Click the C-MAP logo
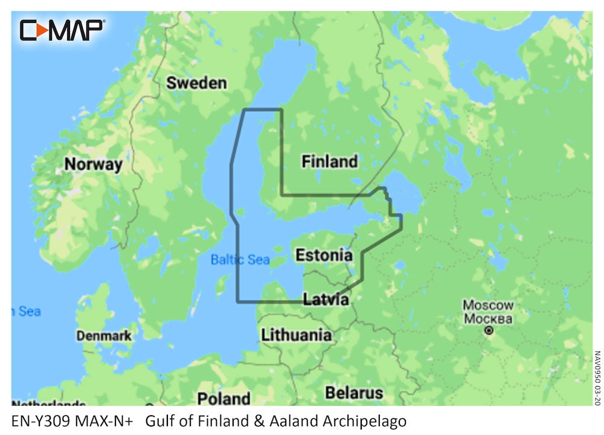[62, 30]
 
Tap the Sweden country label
[196, 83]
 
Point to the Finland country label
[329, 161]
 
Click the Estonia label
[324, 255]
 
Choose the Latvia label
[326, 299]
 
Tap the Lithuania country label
[296, 335]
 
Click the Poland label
[223, 399]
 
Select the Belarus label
[354, 393]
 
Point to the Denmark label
[104, 335]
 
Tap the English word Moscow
[488, 305]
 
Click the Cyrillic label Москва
[488, 318]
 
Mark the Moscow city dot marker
[489, 330]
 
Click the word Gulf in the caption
[160, 420]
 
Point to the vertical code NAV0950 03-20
[597, 378]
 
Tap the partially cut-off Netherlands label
[48, 403]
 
